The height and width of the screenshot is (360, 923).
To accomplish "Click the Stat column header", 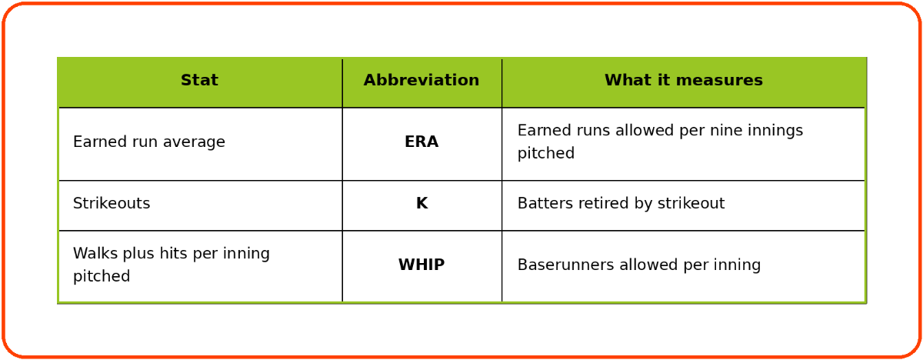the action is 199,80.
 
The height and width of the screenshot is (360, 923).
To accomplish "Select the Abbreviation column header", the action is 422,80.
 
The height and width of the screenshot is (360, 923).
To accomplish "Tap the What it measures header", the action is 684,80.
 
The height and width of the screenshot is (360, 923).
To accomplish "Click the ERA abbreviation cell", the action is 422,142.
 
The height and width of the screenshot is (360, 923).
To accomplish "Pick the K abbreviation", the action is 422,203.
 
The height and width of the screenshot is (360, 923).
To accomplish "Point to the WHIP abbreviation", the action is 422,265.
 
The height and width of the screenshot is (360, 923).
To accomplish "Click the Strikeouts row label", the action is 112,203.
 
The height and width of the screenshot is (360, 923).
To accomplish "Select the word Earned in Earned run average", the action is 100,142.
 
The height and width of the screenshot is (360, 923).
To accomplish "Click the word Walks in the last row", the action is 95,253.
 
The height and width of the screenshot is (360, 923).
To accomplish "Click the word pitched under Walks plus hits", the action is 102,276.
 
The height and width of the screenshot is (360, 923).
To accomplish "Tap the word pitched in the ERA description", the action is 546,154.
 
